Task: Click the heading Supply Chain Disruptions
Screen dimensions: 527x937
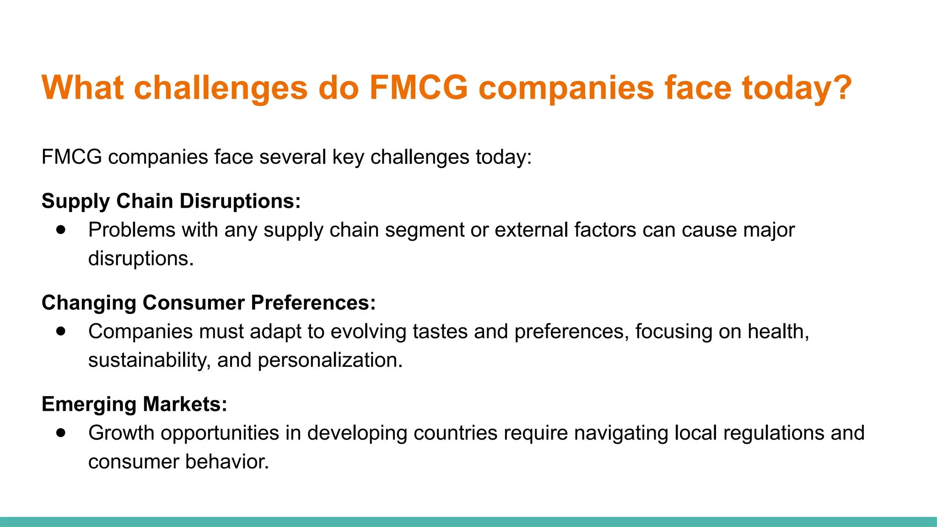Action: pyautogui.click(x=171, y=201)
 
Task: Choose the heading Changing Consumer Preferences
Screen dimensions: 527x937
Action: pyautogui.click(x=209, y=303)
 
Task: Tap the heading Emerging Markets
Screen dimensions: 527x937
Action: pyautogui.click(x=134, y=404)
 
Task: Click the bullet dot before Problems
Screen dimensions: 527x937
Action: pyautogui.click(x=61, y=230)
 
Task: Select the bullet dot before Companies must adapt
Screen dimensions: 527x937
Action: pyautogui.click(x=61, y=331)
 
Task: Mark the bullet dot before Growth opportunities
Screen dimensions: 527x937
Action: pyautogui.click(x=61, y=433)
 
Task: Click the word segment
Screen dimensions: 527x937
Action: pyautogui.click(x=424, y=230)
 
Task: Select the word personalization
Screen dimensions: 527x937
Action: pyautogui.click(x=330, y=360)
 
